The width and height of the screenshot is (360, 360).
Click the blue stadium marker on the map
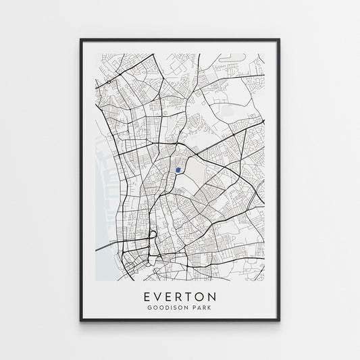pyautogui.click(x=178, y=170)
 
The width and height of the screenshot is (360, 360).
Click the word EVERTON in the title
pyautogui.click(x=180, y=297)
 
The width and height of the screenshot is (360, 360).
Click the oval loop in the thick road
pyautogui.click(x=153, y=237)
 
